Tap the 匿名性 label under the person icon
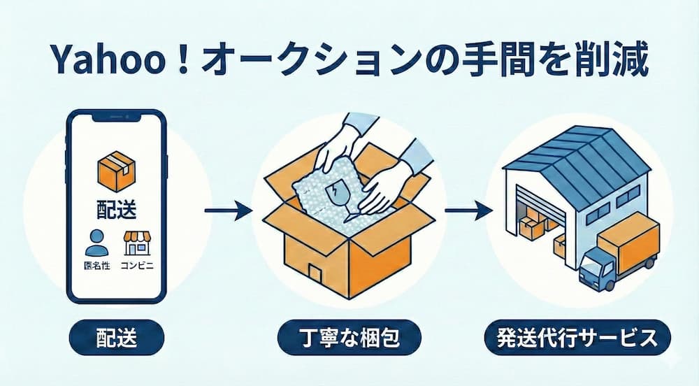click(96, 266)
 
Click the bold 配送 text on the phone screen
click(115, 209)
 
